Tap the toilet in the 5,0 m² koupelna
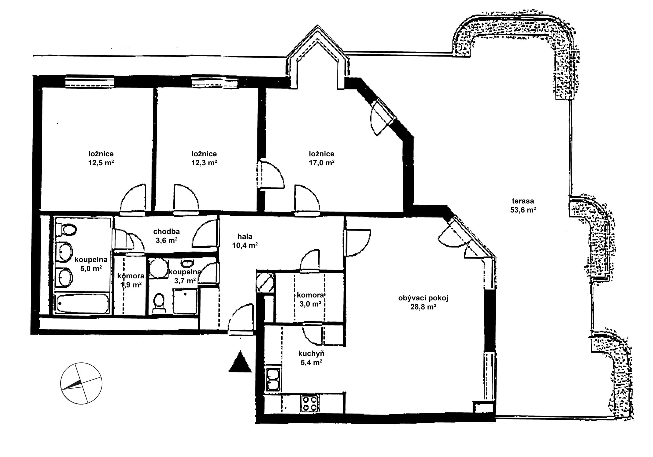66,230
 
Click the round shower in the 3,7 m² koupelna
158,268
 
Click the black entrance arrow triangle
240,362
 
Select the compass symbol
81,383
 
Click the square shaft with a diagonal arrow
265,282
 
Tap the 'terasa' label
523,201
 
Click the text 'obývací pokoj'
423,298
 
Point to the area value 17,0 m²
322,163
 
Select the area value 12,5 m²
101,163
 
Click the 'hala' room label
245,236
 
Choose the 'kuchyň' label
311,353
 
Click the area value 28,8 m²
423,307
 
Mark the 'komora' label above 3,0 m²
310,295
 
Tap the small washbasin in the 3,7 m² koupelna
187,263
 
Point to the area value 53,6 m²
523,210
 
